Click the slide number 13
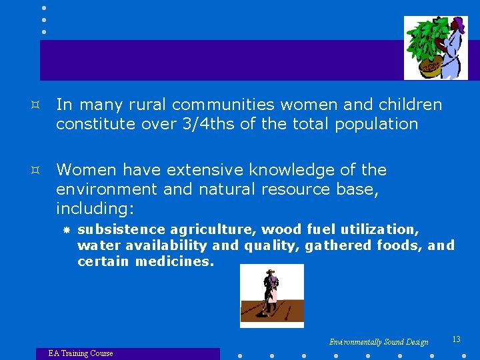(456, 339)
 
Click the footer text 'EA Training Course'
(81, 353)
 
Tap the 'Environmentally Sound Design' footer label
(379, 342)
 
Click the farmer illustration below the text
(271, 295)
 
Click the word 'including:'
(95, 209)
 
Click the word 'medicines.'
(175, 261)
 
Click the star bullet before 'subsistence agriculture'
(66, 230)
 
